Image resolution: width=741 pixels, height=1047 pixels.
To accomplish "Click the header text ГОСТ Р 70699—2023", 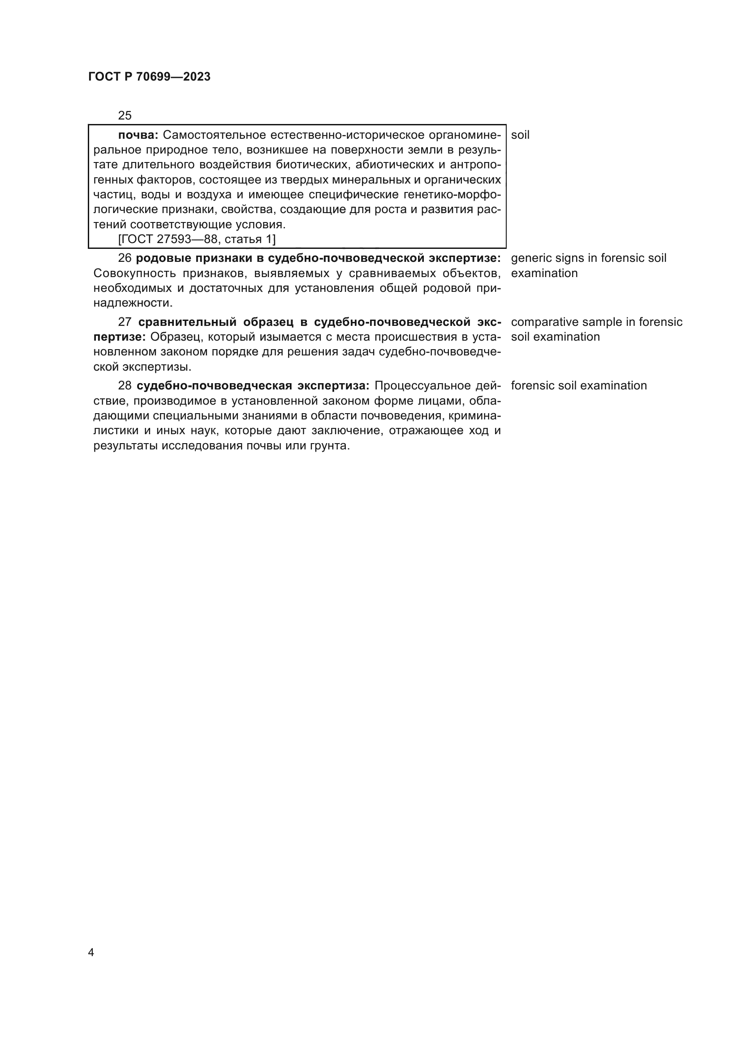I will click(149, 77).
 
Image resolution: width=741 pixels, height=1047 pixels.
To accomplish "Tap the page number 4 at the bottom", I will click(91, 952).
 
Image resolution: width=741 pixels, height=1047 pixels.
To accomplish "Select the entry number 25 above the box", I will click(125, 115).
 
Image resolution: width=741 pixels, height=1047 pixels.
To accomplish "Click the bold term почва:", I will click(138, 135).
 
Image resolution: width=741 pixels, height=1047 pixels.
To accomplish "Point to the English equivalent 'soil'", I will click(520, 135).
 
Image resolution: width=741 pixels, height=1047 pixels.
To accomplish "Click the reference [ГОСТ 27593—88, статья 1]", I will click(197, 239).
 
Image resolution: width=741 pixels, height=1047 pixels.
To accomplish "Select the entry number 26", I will click(125, 258).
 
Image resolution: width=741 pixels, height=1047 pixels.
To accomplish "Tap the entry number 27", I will click(125, 322).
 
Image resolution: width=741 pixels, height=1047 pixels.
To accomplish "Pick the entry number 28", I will click(125, 386).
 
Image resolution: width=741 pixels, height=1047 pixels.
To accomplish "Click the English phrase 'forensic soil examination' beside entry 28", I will click(578, 386).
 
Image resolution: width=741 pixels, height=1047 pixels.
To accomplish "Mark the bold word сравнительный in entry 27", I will click(187, 322).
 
